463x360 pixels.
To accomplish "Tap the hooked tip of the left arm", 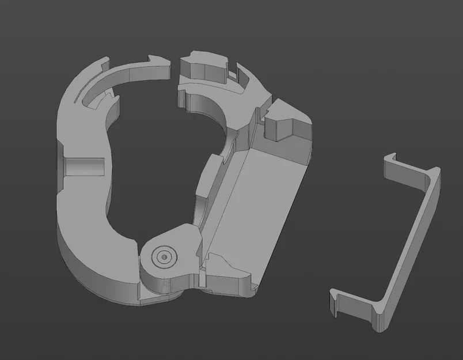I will click(156, 60).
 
